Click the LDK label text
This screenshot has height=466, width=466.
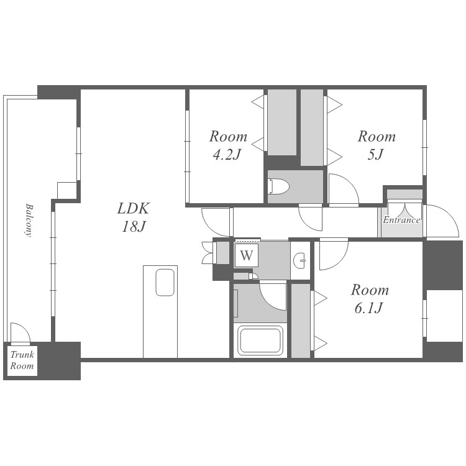tap(133, 208)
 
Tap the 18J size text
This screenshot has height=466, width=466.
tap(134, 227)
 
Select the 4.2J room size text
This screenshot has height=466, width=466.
tap(227, 155)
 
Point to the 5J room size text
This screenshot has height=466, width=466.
tap(376, 155)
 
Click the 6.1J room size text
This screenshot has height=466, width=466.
tap(368, 308)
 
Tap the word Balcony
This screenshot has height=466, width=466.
tap(29, 220)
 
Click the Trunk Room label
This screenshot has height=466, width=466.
tap(22, 360)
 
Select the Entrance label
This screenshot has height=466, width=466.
tap(401, 220)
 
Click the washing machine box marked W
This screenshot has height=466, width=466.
tap(247, 255)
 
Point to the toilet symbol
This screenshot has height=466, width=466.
tap(278, 186)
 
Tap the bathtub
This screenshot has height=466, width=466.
tap(260, 340)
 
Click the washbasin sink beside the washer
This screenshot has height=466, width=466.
tap(299, 260)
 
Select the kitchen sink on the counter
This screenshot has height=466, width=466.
tap(165, 282)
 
